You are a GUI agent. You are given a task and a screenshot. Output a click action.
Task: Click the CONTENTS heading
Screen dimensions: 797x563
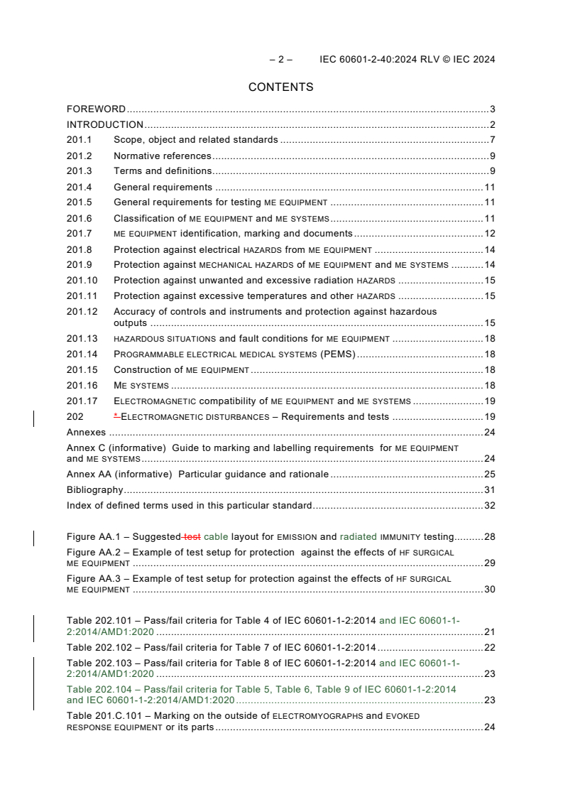tap(280, 87)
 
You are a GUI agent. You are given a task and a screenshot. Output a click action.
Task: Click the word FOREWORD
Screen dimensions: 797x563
tap(96, 109)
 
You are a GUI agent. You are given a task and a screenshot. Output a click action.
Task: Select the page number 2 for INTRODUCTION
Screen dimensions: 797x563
tap(492, 125)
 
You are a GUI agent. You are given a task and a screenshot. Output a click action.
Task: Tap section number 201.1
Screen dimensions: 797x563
tap(79, 140)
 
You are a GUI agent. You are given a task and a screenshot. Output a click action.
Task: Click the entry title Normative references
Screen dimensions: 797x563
tap(163, 156)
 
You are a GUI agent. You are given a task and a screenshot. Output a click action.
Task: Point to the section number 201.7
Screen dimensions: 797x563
tap(79, 234)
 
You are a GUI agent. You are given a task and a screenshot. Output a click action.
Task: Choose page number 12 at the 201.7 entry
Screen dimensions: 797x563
tap(489, 234)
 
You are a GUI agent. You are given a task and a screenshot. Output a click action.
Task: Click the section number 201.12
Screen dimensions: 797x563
tap(82, 311)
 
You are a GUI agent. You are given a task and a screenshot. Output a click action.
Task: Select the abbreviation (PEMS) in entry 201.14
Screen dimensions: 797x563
tap(337, 354)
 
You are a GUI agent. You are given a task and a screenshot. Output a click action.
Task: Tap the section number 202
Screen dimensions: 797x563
tap(75, 417)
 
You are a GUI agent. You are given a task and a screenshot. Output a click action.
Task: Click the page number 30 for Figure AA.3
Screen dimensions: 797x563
tap(489, 590)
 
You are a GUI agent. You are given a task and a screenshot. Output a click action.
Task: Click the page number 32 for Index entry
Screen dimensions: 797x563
tap(489, 506)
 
